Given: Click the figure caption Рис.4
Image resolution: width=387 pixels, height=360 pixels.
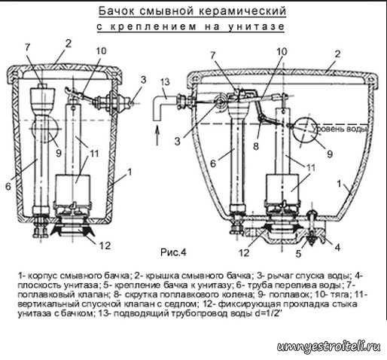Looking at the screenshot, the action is (173, 252).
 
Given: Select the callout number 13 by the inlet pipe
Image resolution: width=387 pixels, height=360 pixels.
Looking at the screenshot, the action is (166, 82).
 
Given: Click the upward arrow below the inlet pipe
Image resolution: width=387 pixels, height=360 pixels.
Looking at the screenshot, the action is (157, 136).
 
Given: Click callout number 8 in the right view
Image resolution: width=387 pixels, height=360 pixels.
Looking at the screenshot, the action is (256, 145).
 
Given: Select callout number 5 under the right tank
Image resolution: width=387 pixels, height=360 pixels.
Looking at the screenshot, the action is (298, 254).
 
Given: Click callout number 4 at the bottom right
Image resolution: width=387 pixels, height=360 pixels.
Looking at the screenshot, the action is (338, 247).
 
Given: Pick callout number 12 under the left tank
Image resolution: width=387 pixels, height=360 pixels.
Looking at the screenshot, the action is (105, 246).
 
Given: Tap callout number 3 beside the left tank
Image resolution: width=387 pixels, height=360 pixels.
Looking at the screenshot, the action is (143, 80).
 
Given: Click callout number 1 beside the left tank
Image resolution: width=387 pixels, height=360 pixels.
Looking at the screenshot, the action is (130, 172).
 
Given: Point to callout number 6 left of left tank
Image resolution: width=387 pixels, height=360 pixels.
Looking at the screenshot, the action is (8, 186).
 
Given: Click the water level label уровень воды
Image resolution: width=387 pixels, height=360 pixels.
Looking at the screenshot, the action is (340, 129).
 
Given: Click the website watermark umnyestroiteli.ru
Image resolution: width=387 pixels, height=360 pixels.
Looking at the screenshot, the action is (329, 347).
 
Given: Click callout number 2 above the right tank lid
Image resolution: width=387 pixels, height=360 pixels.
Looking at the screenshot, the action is (338, 53).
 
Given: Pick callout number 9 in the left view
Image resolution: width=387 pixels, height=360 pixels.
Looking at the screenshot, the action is (59, 152).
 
